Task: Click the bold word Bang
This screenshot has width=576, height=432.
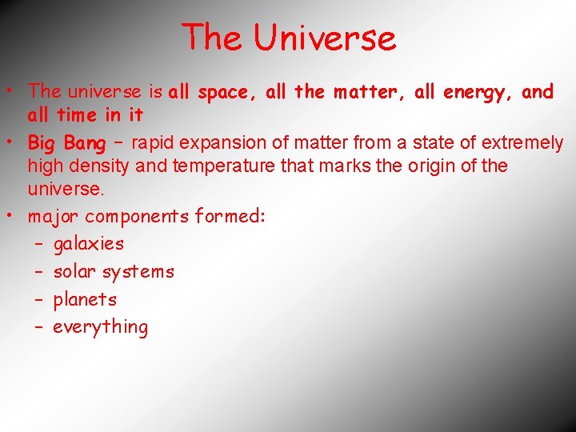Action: [x=85, y=143]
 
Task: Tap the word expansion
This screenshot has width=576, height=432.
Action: [x=221, y=143]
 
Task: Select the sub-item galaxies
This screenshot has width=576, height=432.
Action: [x=89, y=244]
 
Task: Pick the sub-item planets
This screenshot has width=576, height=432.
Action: [x=85, y=300]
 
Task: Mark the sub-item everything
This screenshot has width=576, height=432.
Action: [x=101, y=327]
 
